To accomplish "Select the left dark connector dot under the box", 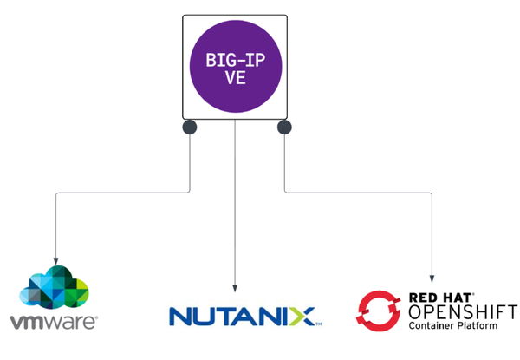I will [x=189, y=128].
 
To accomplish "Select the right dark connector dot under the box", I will [x=283, y=128].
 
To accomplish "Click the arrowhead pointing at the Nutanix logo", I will [x=236, y=289].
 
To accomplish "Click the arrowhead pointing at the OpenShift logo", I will [x=431, y=275].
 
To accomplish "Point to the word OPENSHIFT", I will [x=461, y=312].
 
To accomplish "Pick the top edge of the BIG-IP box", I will [x=235, y=14].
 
